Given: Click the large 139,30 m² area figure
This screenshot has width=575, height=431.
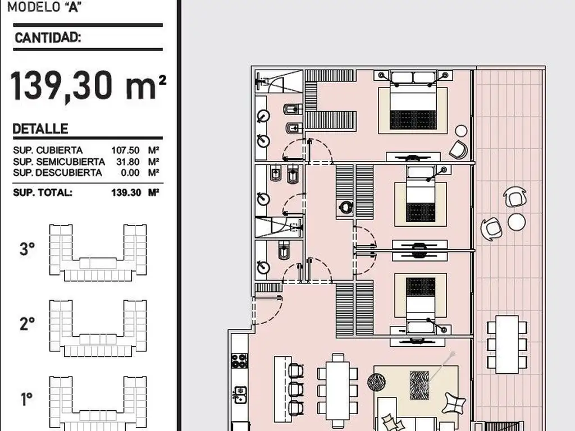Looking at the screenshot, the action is click(x=88, y=85).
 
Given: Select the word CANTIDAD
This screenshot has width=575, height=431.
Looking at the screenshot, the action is click(x=47, y=38).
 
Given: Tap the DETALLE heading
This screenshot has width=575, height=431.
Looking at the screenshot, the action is click(x=40, y=129).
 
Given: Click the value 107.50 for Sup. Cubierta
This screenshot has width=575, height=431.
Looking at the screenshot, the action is click(x=125, y=150).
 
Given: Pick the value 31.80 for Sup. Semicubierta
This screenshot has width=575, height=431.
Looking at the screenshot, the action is click(x=128, y=162).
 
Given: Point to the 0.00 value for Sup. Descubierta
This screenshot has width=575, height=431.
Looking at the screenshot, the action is click(x=130, y=173).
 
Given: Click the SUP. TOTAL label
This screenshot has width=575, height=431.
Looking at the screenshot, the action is click(x=43, y=192).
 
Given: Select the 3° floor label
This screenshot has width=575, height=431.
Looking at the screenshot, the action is click(x=27, y=249).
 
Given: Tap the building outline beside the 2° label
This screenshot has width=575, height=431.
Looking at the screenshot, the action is click(x=98, y=328).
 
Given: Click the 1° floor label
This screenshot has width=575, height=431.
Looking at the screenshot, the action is click(x=26, y=399).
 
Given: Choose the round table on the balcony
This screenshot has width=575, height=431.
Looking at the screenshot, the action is click(x=517, y=222).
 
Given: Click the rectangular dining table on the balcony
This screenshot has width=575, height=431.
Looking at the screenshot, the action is click(x=507, y=345).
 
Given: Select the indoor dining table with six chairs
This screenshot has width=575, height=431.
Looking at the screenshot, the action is click(x=337, y=391).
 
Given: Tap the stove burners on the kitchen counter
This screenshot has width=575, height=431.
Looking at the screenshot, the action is click(x=239, y=361).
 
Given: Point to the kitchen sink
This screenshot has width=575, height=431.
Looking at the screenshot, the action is click(x=240, y=395).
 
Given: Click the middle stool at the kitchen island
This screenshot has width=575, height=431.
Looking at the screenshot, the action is click(x=295, y=389).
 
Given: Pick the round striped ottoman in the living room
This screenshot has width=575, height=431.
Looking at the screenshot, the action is click(x=377, y=382).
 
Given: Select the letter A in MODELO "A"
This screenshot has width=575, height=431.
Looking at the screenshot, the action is click(x=74, y=7).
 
